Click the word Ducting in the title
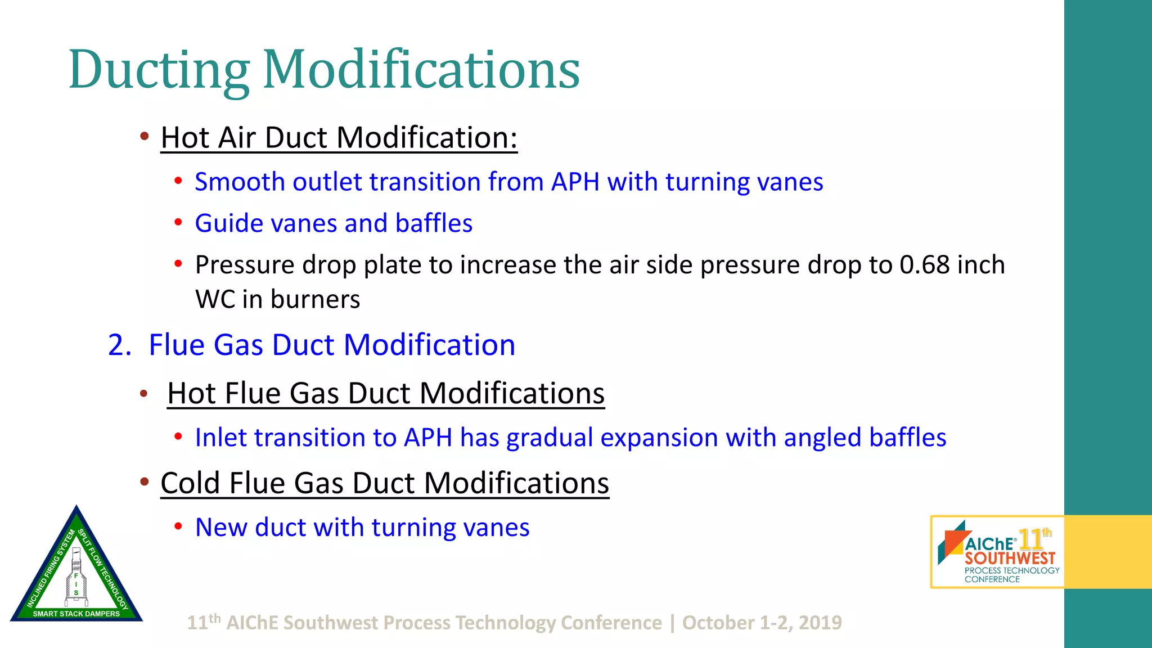159,70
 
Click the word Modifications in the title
421,70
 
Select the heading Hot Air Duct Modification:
339,138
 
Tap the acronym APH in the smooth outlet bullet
575,182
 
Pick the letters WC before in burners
215,299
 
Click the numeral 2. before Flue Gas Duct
119,345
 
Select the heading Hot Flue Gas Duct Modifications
386,393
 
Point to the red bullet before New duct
178,527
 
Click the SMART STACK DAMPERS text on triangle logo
76,614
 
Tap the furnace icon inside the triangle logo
76,574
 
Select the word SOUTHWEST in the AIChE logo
1010,559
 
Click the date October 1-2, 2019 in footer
762,623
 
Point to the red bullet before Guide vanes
178,223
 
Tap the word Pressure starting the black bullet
244,265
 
